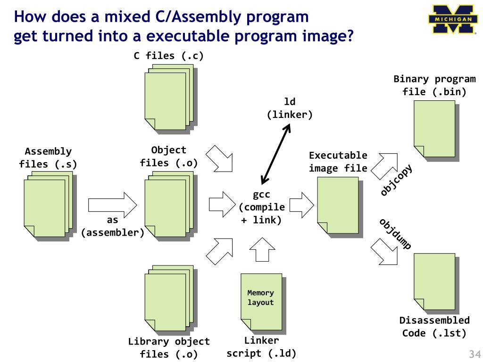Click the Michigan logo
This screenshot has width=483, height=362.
click(x=453, y=19)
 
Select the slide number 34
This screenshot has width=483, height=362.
click(x=474, y=354)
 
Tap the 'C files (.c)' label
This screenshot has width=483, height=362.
click(x=169, y=56)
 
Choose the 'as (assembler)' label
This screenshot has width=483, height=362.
click(x=113, y=226)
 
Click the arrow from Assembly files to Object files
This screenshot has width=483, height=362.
click(x=112, y=204)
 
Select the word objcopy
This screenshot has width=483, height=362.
click(x=397, y=180)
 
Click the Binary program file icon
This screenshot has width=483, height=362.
click(x=434, y=129)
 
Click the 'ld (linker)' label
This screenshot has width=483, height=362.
click(x=290, y=108)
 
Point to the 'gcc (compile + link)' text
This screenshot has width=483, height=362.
click(x=261, y=207)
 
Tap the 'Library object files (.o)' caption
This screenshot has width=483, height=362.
click(x=169, y=348)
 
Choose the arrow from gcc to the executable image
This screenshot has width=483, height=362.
click(x=301, y=205)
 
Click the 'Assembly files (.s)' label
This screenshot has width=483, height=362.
click(x=48, y=158)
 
